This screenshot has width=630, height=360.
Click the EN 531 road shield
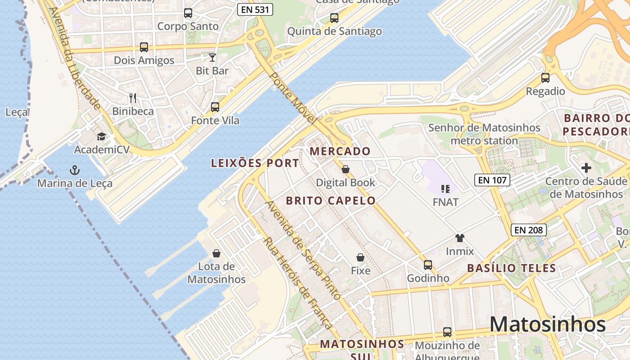(x=255, y=9)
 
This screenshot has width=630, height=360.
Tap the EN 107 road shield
(x=492, y=180)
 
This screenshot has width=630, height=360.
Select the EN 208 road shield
(x=529, y=230)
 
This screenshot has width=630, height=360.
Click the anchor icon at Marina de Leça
(x=75, y=170)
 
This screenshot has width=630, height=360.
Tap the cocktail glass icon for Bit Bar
(x=212, y=57)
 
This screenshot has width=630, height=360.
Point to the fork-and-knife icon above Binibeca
(x=133, y=98)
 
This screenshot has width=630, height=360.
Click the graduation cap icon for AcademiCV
(x=102, y=136)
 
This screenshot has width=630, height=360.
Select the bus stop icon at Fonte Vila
(x=215, y=107)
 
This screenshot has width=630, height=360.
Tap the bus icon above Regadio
(x=545, y=78)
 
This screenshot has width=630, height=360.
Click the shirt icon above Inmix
(x=459, y=238)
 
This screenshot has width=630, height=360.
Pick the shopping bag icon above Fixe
(x=360, y=257)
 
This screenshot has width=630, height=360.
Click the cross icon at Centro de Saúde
(x=586, y=168)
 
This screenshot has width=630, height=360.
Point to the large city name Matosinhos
(x=548, y=324)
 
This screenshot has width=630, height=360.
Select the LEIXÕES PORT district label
(x=255, y=163)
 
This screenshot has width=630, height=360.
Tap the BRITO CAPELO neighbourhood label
(x=331, y=201)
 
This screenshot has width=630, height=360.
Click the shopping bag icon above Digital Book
(x=346, y=169)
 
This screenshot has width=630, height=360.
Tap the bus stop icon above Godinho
(x=428, y=265)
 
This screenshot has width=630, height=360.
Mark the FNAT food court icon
(x=445, y=189)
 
